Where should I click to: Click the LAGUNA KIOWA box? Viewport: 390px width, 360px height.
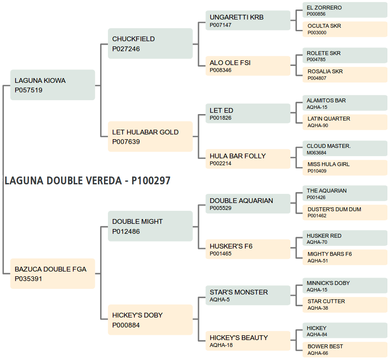pos(52,85)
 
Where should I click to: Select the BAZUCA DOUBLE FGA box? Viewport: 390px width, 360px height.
pos(52,274)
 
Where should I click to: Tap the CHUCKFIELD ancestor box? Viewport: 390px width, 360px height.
pos(150,43)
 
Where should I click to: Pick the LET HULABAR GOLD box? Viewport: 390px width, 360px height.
pos(150,137)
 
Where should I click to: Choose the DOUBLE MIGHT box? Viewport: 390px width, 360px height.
pos(150,226)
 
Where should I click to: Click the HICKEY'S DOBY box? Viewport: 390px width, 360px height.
pos(150,320)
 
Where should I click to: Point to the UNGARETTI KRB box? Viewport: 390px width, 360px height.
pos(248,20)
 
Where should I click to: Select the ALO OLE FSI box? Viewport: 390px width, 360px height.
pos(248,66)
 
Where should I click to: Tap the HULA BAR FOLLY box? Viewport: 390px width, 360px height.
pos(248,159)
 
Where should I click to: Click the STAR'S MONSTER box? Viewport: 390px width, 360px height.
pos(248,295)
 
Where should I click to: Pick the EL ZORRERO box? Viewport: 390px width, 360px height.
pos(345,10)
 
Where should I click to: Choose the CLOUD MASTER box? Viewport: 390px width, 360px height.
pos(345,149)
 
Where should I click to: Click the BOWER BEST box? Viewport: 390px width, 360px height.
pos(345,350)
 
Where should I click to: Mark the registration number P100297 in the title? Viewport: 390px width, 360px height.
pos(151,181)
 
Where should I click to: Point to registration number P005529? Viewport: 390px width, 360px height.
pos(221,208)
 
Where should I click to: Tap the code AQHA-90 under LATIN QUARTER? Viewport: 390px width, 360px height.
pos(318,125)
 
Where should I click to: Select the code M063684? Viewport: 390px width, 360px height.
pos(316,153)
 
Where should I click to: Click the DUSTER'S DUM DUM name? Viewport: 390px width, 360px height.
pos(334,209)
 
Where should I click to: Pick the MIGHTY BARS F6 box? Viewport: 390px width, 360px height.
pos(345,257)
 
